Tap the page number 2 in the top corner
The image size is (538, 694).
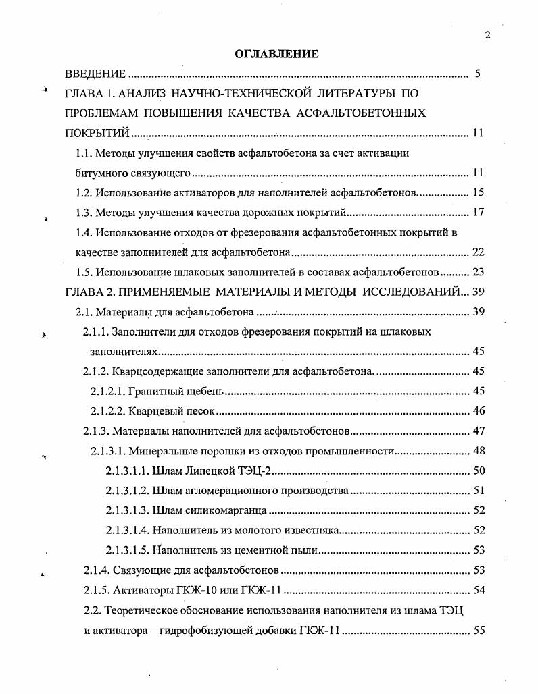487,36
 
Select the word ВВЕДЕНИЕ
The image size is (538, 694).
95,74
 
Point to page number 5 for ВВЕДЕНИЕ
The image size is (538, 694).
477,74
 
